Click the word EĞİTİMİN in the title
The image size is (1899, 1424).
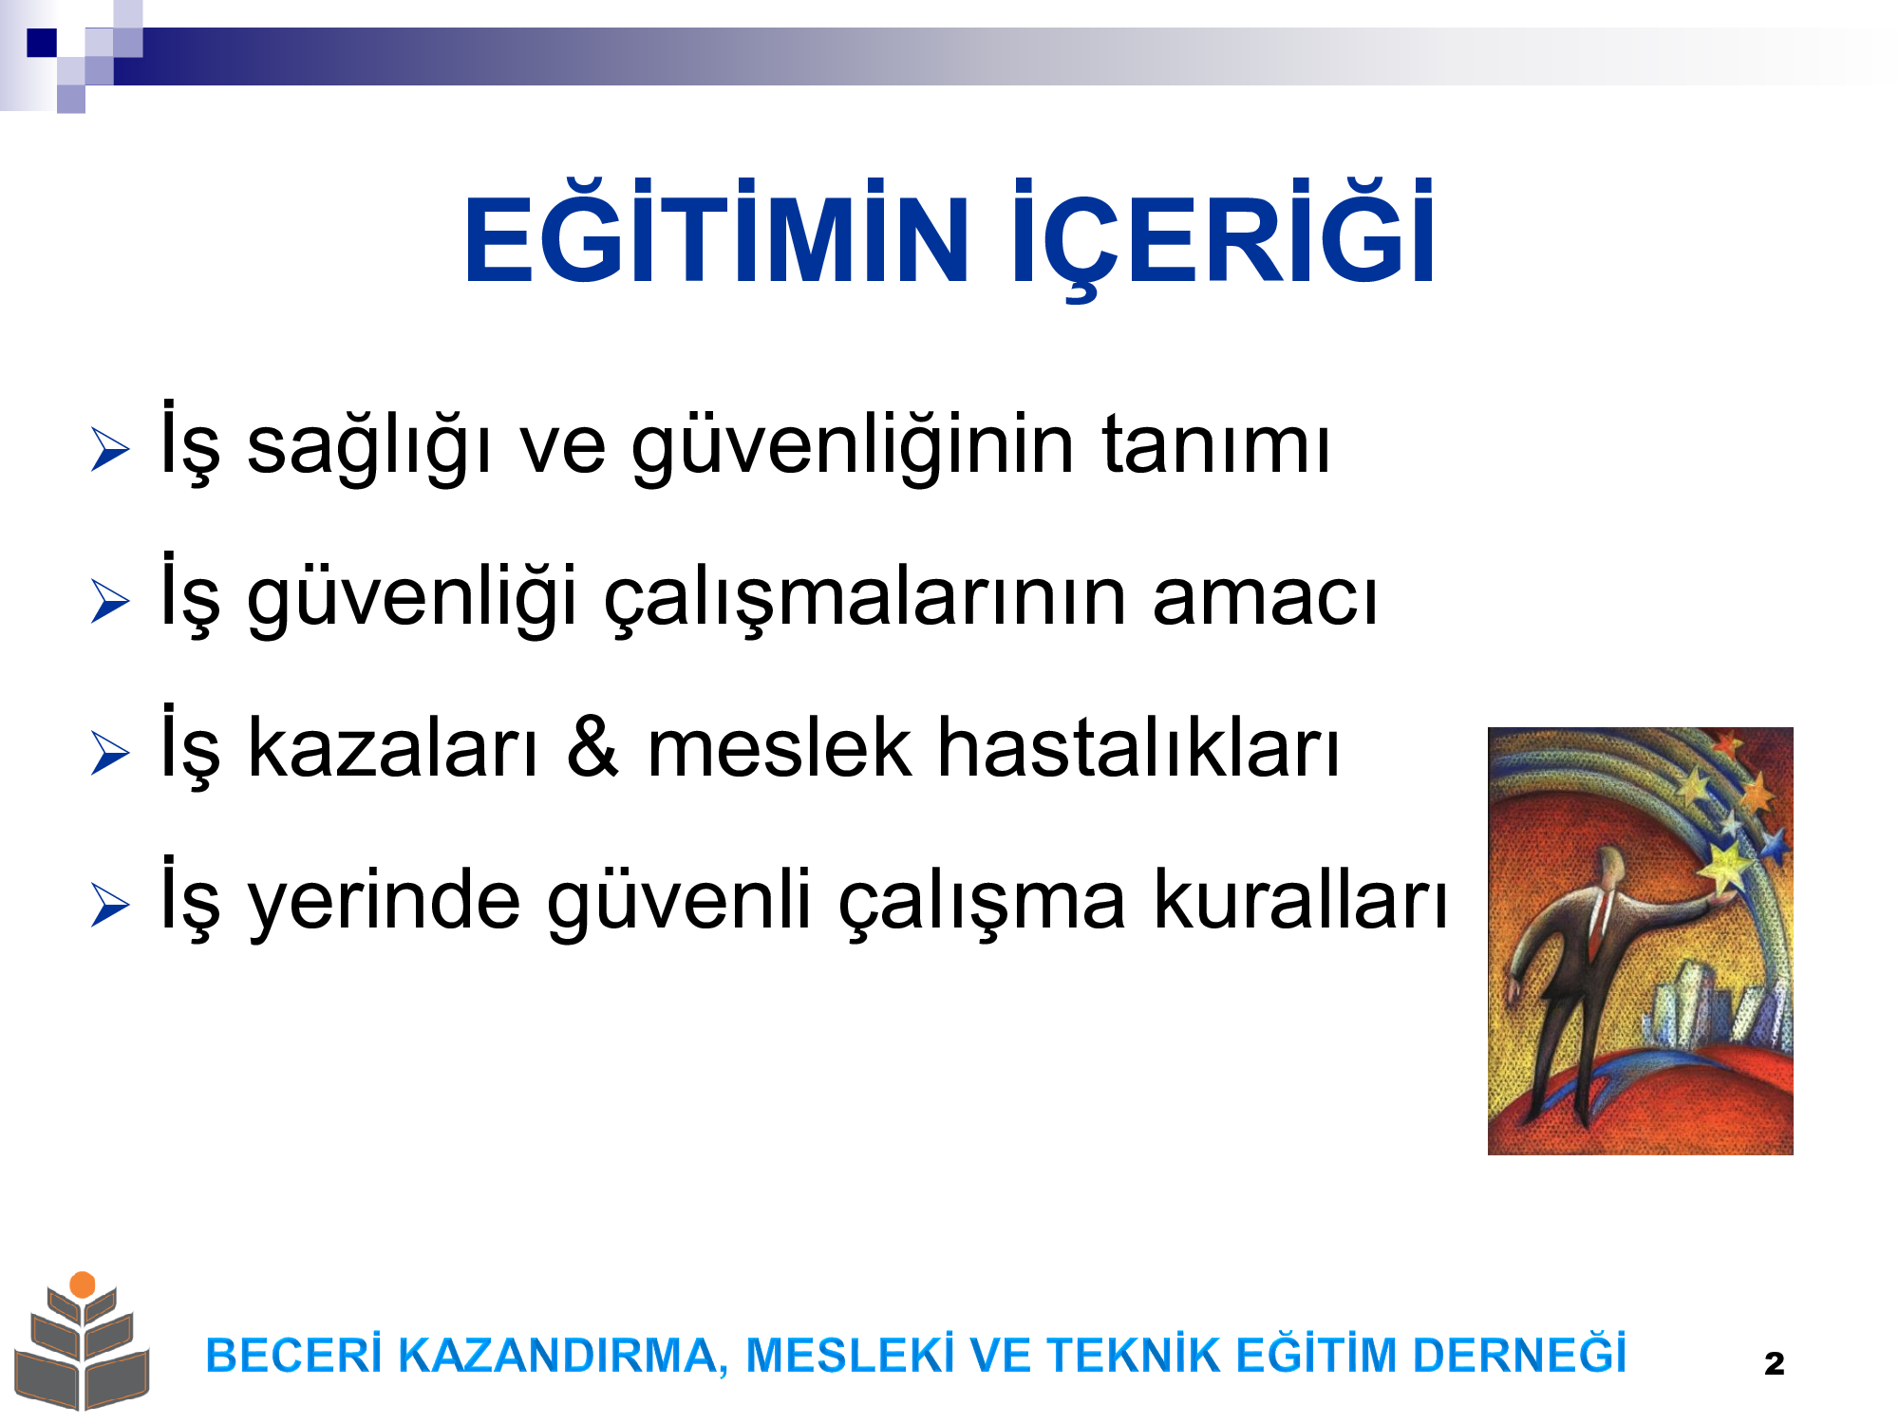coord(717,231)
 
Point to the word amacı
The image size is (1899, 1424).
coord(1265,597)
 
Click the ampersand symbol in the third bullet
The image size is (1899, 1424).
coord(592,747)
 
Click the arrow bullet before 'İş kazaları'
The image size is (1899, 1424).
coord(110,753)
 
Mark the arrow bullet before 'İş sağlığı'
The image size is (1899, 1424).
coord(110,449)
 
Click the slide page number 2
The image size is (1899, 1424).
coord(1774,1364)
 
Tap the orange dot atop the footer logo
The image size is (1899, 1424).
coord(83,1284)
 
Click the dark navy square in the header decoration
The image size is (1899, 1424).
coord(42,43)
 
